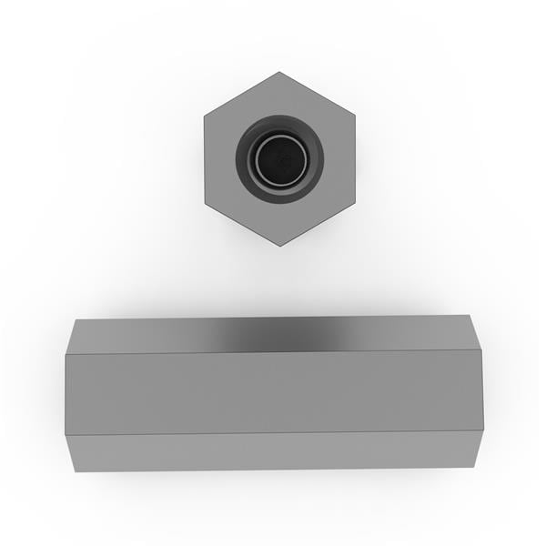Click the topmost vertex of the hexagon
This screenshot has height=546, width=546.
(x=279, y=72)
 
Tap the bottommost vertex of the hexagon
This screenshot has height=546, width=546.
(x=279, y=246)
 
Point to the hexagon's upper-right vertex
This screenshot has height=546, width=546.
(x=355, y=116)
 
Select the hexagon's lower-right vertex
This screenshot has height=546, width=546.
(x=355, y=203)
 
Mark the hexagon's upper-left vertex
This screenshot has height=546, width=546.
(x=204, y=116)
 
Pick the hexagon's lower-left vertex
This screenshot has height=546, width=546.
(x=204, y=203)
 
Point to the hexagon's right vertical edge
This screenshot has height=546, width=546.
(x=355, y=159)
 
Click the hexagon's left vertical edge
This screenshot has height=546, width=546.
(x=204, y=159)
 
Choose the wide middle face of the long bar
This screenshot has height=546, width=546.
(x=273, y=392)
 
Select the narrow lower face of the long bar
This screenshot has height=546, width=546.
(x=273, y=451)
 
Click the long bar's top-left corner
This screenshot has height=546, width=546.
(x=76, y=318)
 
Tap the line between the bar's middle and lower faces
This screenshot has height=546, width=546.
(x=273, y=432)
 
